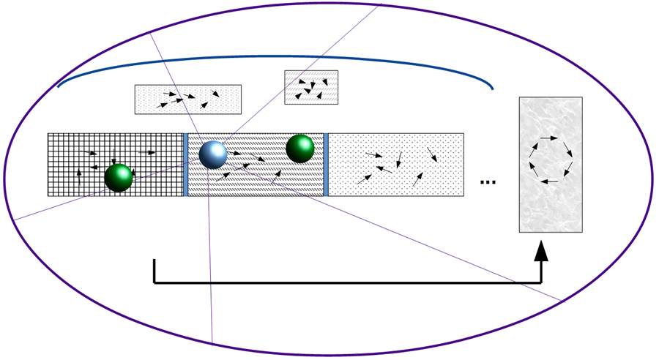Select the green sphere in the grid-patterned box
(119, 177)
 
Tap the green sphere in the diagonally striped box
(299, 149)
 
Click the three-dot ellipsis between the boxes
(488, 181)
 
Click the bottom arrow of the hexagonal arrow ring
(550, 181)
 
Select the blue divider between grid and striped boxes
(186, 165)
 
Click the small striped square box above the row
(311, 87)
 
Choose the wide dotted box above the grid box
(187, 100)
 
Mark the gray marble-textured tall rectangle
(551, 165)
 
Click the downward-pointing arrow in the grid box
(113, 156)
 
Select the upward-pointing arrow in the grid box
(80, 174)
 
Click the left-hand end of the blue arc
(58, 86)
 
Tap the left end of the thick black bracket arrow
(154, 260)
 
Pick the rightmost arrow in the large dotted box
(433, 154)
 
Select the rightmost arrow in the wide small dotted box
(216, 93)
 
